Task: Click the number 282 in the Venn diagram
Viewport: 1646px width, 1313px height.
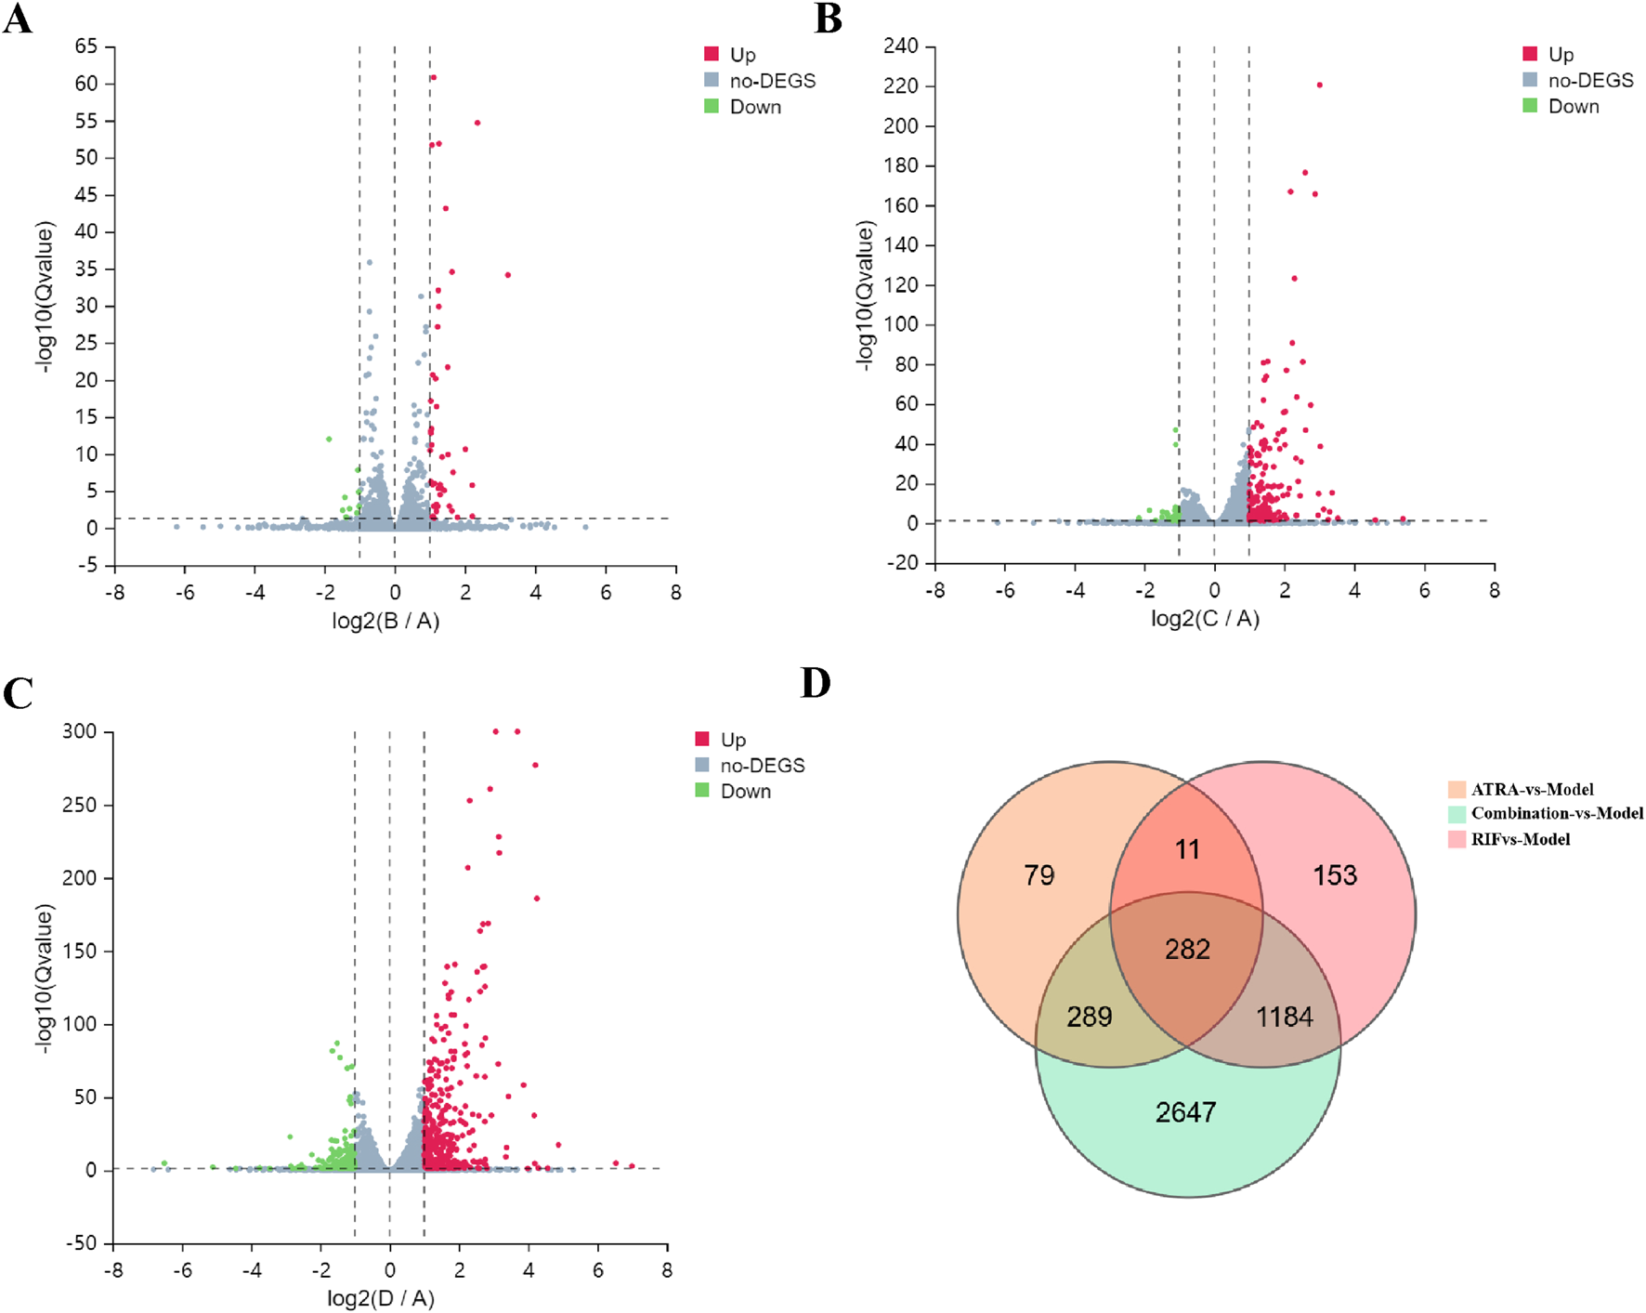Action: pyautogui.click(x=1187, y=949)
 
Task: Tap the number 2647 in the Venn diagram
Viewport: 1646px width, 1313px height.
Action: pyautogui.click(x=1185, y=1112)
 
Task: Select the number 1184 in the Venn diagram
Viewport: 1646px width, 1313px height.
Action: pyautogui.click(x=1285, y=1017)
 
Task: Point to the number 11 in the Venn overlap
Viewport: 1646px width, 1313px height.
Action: pyautogui.click(x=1187, y=849)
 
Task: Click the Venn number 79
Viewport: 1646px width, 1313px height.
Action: pyautogui.click(x=1039, y=875)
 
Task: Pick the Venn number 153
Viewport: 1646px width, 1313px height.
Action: pyautogui.click(x=1335, y=875)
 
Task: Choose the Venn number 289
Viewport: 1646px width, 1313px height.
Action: pyautogui.click(x=1090, y=1017)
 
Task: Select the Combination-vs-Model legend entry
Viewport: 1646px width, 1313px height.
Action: pyautogui.click(x=1556, y=814)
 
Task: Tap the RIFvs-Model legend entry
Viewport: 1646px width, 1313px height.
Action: pyautogui.click(x=1520, y=840)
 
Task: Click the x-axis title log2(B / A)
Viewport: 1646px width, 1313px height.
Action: pyautogui.click(x=385, y=621)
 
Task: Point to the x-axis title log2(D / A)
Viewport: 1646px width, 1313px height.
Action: pyautogui.click(x=381, y=1298)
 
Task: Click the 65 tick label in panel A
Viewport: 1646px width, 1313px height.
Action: pyautogui.click(x=86, y=46)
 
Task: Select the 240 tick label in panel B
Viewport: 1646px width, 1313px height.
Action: pyautogui.click(x=900, y=46)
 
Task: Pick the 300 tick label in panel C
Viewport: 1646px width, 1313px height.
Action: pyautogui.click(x=79, y=731)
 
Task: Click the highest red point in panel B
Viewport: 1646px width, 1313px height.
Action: pyautogui.click(x=1319, y=85)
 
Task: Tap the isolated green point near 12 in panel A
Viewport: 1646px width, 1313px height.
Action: pyautogui.click(x=329, y=439)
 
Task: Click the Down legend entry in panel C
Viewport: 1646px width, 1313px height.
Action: pyautogui.click(x=745, y=791)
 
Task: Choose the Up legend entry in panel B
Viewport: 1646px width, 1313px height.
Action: pyautogui.click(x=1561, y=54)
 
